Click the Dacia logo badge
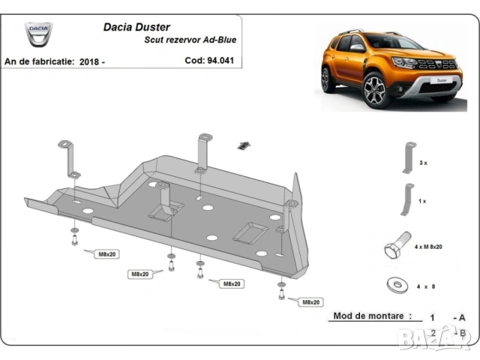pos(39,33)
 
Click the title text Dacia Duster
pos(136,26)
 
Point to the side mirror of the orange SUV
pos(357,47)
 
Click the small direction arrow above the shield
pos(243,145)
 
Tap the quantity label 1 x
pos(423,201)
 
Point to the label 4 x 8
pos(424,286)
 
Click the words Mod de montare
pos(372,316)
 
